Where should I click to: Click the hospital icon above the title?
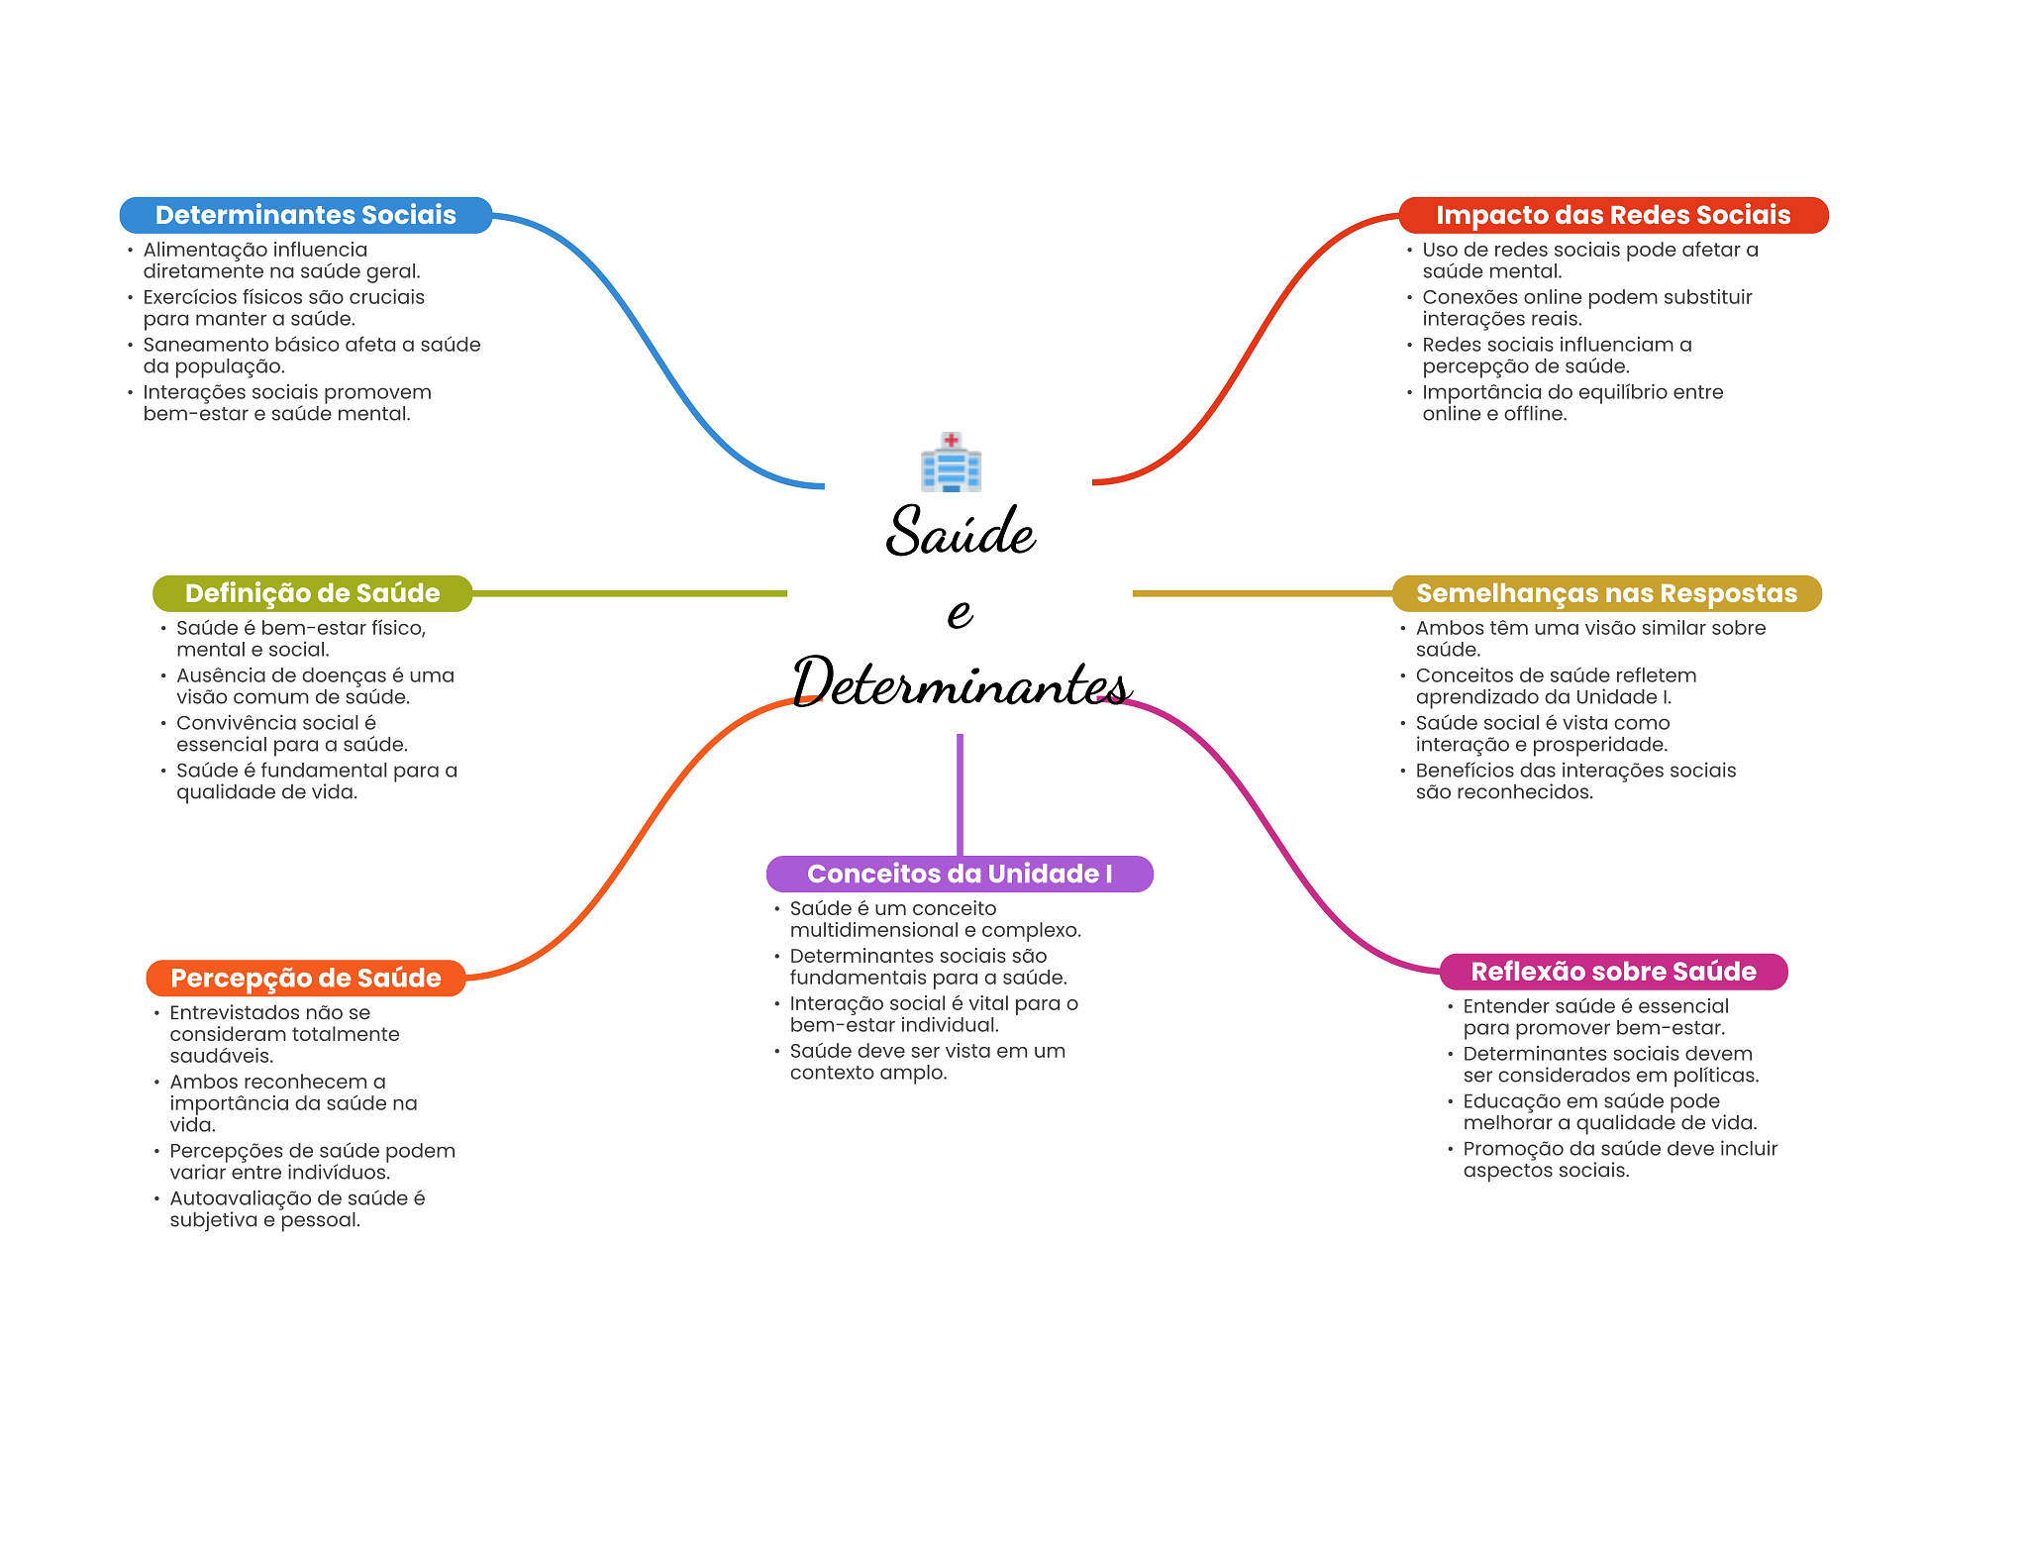click(x=951, y=463)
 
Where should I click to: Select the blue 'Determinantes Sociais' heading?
click(x=305, y=215)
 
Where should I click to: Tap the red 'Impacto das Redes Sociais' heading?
click(x=1612, y=215)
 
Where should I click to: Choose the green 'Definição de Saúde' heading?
click(x=312, y=593)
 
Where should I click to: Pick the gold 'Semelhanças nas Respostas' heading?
click(x=1606, y=593)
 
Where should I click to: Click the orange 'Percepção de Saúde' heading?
click(x=305, y=978)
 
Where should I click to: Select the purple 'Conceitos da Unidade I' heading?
click(x=959, y=874)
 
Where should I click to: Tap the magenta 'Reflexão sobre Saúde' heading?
click(x=1612, y=972)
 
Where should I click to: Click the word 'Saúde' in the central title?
click(x=960, y=532)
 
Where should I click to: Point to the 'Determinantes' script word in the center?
click(x=960, y=683)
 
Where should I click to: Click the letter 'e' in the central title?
click(x=960, y=612)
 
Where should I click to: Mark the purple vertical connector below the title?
click(x=960, y=792)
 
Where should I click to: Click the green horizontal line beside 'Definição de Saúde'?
click(x=629, y=593)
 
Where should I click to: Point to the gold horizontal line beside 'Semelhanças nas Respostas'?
click(x=1262, y=593)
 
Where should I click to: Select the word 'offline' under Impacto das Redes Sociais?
click(x=1533, y=414)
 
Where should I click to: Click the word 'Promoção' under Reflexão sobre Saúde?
click(x=1509, y=1149)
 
